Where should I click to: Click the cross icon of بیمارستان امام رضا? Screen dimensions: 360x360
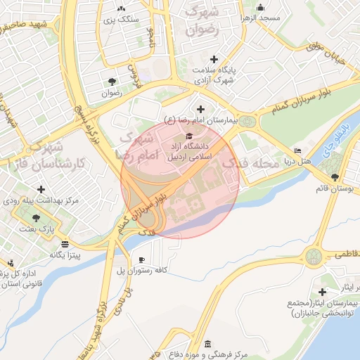click(201, 108)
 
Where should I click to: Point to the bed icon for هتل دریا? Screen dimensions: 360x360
click(299, 150)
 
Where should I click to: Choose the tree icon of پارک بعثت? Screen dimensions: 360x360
click(35, 218)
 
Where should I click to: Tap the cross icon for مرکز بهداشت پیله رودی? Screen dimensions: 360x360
click(41, 189)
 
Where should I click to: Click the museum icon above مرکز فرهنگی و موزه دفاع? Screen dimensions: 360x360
click(207, 343)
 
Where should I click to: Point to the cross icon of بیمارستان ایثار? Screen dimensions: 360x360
click(323, 292)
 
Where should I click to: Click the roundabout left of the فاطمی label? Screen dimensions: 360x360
click(314, 255)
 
